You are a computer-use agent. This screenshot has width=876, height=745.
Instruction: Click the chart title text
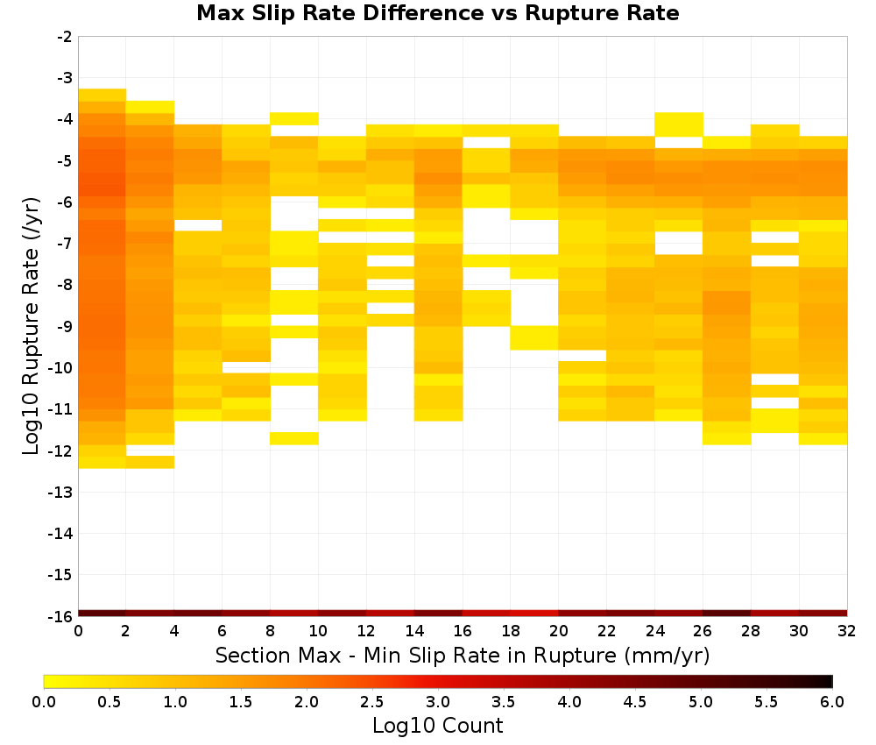click(x=437, y=13)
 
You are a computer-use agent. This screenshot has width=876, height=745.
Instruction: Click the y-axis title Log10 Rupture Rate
click(x=31, y=326)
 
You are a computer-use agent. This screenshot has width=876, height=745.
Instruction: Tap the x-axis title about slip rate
click(x=462, y=655)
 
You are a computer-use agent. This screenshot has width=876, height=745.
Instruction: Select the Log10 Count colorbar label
click(x=437, y=726)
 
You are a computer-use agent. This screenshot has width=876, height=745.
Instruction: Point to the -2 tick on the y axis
click(x=65, y=37)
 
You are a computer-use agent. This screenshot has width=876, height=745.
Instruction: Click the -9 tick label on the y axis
click(x=65, y=326)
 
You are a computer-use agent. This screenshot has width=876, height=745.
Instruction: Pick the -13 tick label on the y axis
click(x=61, y=492)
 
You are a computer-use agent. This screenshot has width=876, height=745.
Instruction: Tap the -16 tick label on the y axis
click(x=61, y=616)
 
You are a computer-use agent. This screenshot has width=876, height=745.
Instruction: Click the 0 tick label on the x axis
click(x=78, y=631)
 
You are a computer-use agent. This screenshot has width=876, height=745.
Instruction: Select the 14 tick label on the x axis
click(x=414, y=631)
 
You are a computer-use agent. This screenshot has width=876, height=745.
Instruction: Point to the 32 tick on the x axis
click(x=847, y=631)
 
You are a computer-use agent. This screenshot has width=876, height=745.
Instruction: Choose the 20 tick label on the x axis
click(x=559, y=631)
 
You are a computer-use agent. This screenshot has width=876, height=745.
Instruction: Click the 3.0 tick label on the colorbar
click(x=438, y=701)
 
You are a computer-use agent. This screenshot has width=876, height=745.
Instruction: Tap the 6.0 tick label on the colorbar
click(x=832, y=701)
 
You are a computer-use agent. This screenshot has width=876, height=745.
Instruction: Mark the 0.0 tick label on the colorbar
click(x=44, y=701)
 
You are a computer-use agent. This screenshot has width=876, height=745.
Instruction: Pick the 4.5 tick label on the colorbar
click(x=634, y=701)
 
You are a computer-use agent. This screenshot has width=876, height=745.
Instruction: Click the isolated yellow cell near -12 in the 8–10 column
click(x=294, y=439)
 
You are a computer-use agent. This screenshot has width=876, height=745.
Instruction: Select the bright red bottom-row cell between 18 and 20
click(x=534, y=614)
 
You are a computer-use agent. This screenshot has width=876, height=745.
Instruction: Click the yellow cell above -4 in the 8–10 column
click(x=294, y=118)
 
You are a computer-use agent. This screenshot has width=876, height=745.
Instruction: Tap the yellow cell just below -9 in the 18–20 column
click(x=534, y=337)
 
